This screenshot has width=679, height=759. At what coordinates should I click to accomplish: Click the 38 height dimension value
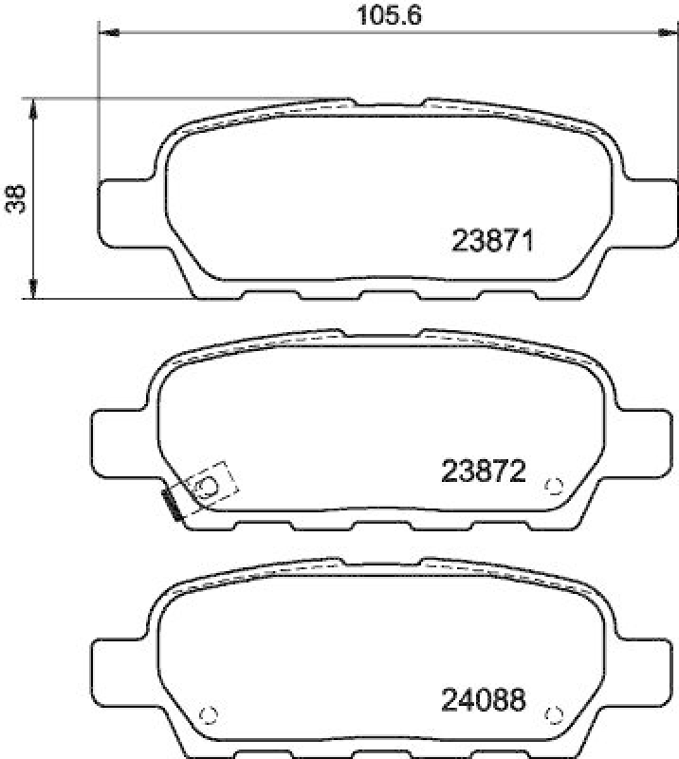pyautogui.click(x=14, y=196)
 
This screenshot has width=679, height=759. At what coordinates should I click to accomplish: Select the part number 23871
pyautogui.click(x=493, y=241)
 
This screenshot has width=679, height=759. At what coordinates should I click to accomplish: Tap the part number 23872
pyautogui.click(x=484, y=471)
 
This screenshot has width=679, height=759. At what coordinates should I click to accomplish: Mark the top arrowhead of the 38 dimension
pyautogui.click(x=34, y=105)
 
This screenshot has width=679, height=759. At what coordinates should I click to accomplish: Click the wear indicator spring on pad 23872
pyautogui.click(x=173, y=504)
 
